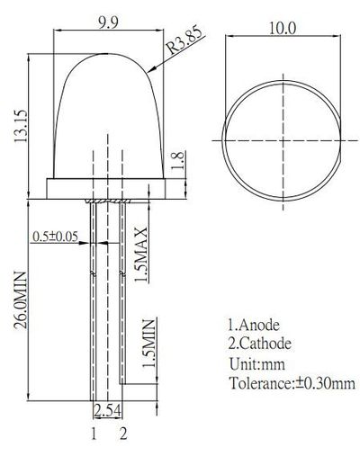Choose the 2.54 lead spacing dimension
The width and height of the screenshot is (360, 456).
[107, 412]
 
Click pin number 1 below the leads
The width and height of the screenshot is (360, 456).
[93, 434]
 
